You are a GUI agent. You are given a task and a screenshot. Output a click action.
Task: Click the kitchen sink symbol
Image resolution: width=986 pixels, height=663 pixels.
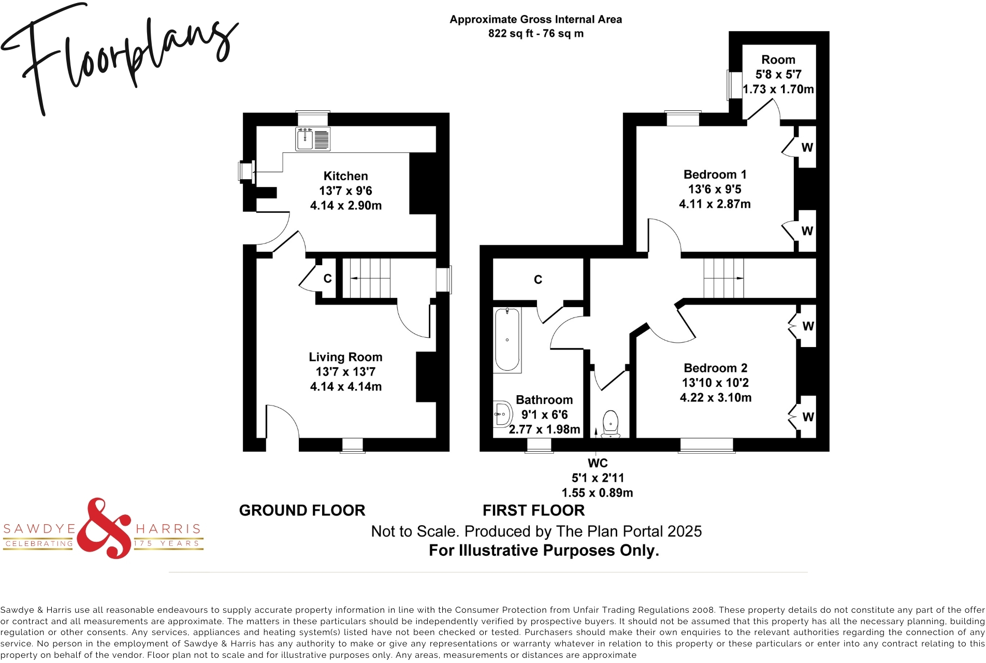click(313, 139)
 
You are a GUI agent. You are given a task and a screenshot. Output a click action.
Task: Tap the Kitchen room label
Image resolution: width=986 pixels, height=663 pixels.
click(345, 176)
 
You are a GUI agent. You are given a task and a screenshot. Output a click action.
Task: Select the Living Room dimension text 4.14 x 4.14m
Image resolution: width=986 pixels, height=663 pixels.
click(345, 386)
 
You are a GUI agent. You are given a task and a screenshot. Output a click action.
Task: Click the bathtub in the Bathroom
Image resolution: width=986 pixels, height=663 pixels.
click(507, 340)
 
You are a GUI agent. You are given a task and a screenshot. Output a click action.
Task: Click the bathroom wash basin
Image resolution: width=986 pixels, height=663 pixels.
click(502, 414)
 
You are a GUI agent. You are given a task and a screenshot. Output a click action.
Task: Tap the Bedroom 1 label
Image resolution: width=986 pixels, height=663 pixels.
click(715, 175)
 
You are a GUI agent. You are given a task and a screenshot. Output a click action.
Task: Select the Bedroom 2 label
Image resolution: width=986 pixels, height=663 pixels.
click(715, 368)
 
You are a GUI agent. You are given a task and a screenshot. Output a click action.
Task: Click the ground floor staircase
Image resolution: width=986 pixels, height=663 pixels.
click(369, 279)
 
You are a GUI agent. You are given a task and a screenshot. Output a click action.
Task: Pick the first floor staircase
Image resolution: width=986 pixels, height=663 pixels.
click(723, 278)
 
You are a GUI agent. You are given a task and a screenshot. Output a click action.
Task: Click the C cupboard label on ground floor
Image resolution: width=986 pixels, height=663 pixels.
click(327, 279)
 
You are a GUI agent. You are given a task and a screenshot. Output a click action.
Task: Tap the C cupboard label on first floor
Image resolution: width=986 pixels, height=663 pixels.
click(538, 280)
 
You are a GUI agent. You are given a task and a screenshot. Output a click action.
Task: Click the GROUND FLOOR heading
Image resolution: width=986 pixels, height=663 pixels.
click(302, 510)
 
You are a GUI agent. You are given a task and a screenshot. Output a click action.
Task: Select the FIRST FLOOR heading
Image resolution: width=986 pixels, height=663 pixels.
click(533, 510)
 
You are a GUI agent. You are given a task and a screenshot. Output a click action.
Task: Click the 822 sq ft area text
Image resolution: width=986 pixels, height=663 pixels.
click(535, 34)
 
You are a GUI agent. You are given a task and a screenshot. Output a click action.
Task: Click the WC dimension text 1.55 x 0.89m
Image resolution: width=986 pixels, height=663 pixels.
click(597, 493)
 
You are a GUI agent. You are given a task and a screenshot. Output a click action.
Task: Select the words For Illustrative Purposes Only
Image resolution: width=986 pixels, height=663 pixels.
click(544, 550)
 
